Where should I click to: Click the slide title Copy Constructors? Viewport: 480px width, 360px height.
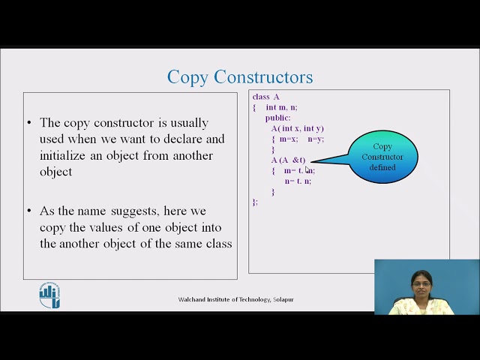(240, 77)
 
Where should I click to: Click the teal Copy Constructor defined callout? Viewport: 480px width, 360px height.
(382, 157)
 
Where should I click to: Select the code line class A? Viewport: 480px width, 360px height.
(266, 97)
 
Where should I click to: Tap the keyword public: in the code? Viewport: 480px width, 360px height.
(277, 118)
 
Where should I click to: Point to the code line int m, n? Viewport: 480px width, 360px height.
(281, 107)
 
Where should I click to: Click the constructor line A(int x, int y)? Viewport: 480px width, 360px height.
(298, 128)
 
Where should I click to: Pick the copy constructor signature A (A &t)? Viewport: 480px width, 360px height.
(289, 160)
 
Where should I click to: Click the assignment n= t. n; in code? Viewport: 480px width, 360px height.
(298, 181)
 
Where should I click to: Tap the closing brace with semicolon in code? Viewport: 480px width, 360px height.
(255, 202)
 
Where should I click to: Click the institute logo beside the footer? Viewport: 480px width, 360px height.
(49, 295)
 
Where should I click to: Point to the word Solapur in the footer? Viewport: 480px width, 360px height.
(283, 299)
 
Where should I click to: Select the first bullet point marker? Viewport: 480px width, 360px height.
(29, 123)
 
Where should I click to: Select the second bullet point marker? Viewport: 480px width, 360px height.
(29, 211)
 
